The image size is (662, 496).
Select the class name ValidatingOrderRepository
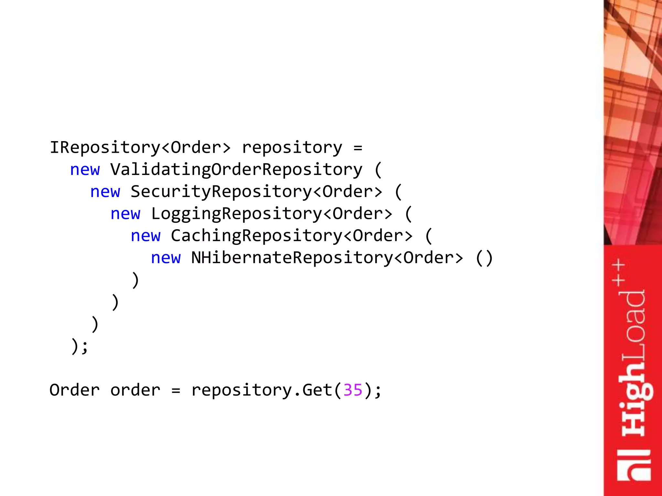coord(236,170)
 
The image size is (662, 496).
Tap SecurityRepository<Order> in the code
coord(256,192)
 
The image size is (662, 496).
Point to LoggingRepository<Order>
coord(272,214)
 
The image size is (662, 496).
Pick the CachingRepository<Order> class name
coord(292,236)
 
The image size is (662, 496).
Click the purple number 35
coord(353,390)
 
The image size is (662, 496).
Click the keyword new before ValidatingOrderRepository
coord(85,170)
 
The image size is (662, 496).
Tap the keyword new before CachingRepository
coord(145,236)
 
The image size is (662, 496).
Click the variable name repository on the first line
coord(292,148)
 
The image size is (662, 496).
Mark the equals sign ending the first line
coord(358,148)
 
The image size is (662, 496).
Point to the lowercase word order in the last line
coord(135,390)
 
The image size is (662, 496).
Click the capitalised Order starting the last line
coord(75,390)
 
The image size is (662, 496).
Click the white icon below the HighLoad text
coord(634,465)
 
